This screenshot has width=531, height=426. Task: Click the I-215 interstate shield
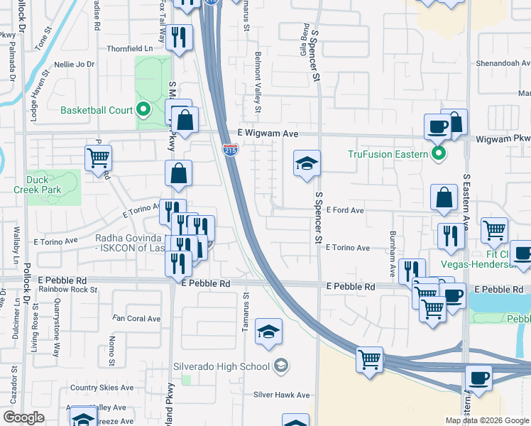[231, 150]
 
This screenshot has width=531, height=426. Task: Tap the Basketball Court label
[97, 110]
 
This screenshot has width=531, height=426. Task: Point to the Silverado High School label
[222, 366]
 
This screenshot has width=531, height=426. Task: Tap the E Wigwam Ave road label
[266, 133]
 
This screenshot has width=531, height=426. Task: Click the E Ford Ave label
[345, 211]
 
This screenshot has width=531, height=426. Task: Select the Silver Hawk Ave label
[282, 395]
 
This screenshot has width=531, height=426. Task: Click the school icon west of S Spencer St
[307, 165]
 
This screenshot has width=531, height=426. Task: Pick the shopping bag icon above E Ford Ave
[444, 198]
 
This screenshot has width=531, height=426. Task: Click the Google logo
[23, 417]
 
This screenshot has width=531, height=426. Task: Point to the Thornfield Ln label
[131, 49]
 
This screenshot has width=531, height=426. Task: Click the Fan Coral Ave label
[133, 318]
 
